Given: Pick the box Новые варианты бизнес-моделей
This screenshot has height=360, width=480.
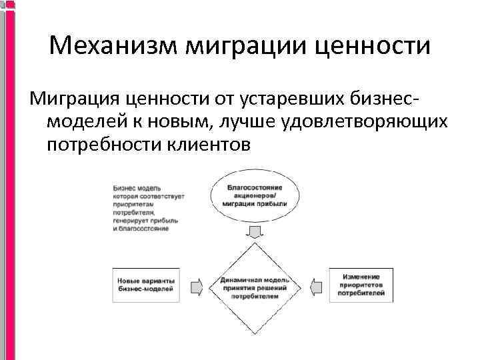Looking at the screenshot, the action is coord(145,285).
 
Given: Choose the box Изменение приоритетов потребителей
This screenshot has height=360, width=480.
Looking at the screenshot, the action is coord(361,285).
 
